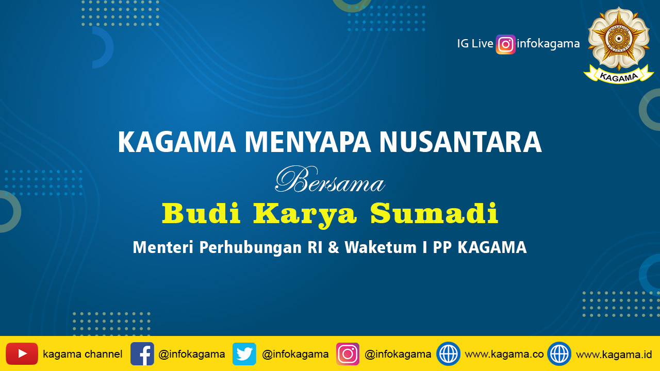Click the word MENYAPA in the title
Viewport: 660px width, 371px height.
tap(307, 142)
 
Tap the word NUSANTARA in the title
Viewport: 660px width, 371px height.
tap(460, 142)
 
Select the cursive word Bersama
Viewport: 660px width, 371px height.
tap(330, 179)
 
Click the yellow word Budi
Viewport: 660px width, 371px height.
tap(201, 213)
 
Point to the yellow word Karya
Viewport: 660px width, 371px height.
tap(305, 215)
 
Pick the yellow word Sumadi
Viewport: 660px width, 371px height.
tap(434, 213)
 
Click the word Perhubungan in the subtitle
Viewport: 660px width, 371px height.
tap(251, 248)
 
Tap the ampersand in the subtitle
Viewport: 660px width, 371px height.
tap(334, 247)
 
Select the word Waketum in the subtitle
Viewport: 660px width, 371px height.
tap(381, 247)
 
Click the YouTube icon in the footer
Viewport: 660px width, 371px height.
tap(22, 353)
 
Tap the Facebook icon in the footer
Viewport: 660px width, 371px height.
tap(142, 353)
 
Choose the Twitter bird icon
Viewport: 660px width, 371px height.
tap(244, 353)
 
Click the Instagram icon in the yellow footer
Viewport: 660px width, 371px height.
tap(348, 353)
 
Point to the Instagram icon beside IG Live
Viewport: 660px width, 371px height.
tap(506, 44)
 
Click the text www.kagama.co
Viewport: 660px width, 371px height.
tap(504, 354)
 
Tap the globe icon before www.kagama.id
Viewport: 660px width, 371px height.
tap(559, 353)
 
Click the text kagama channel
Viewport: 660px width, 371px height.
tap(82, 354)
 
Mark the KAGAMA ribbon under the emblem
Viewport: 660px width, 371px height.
tap(618, 76)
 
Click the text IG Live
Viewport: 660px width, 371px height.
tap(475, 44)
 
